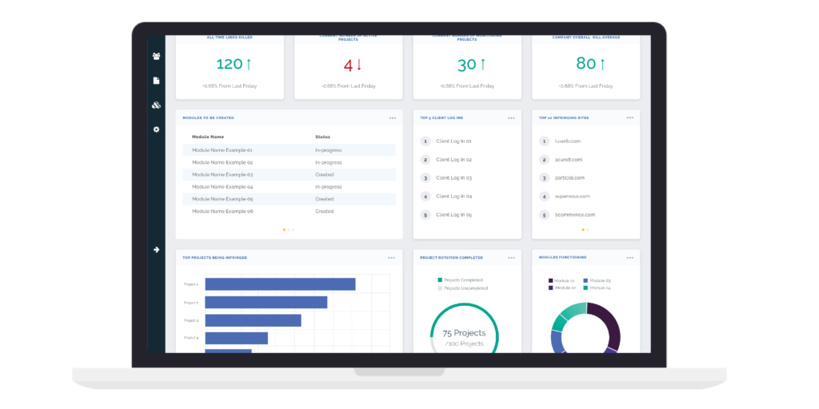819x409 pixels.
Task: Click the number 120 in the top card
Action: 230,64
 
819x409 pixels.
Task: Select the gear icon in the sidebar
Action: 157,129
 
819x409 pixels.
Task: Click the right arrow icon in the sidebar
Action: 157,250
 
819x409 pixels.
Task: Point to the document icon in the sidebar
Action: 157,81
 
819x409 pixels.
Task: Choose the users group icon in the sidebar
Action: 157,56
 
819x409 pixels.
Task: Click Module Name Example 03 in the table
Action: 222,174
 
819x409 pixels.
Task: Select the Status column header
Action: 322,137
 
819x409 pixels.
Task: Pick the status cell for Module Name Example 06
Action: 324,211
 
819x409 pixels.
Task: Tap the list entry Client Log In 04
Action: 453,196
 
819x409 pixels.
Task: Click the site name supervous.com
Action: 573,196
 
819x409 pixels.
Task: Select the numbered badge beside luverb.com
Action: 544,141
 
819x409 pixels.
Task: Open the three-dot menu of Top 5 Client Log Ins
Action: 511,117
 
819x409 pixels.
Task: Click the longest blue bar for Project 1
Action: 280,284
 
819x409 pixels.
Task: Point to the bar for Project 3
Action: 253,320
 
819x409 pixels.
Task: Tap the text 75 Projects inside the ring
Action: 464,332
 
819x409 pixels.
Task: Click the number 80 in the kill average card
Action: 586,64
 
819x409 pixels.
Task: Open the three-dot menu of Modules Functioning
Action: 630,257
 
